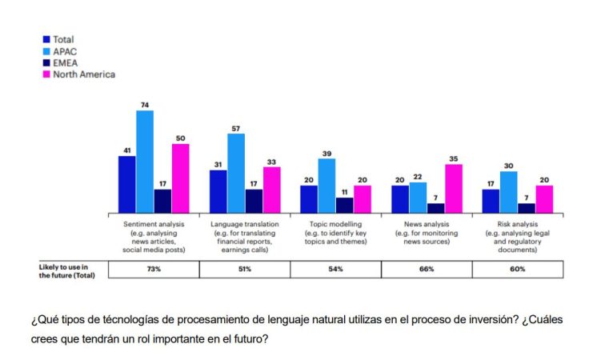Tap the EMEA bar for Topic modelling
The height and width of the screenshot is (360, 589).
pyautogui.click(x=344, y=205)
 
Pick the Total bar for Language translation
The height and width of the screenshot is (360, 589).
pyautogui.click(x=218, y=191)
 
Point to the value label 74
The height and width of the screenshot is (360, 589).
pyautogui.click(x=145, y=105)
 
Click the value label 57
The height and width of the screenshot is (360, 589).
pyautogui.click(x=236, y=128)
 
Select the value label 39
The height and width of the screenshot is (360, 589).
pyautogui.click(x=327, y=153)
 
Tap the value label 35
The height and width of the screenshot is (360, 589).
pyautogui.click(x=454, y=158)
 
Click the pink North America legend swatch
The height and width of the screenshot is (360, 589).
pyautogui.click(x=46, y=74)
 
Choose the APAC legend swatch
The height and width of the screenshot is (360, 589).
pyautogui.click(x=46, y=50)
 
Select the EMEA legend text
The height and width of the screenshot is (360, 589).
pyautogui.click(x=65, y=62)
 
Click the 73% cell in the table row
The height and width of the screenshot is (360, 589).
pyautogui.click(x=154, y=270)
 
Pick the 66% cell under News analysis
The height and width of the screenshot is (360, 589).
pyautogui.click(x=427, y=270)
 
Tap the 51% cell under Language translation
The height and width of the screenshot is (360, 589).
pyautogui.click(x=245, y=270)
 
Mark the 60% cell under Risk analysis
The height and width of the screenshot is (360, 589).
pyautogui.click(x=518, y=270)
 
